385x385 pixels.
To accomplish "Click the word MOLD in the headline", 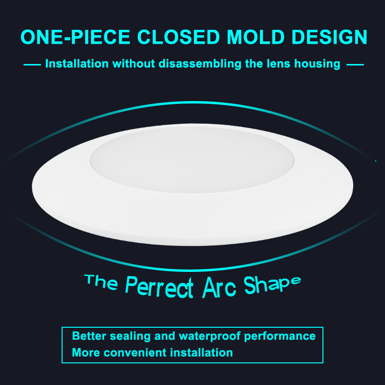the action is click(x=256, y=37).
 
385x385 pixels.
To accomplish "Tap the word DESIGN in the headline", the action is click(x=329, y=37).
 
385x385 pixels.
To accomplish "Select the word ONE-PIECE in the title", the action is click(x=76, y=37).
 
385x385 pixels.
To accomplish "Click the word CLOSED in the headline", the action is click(x=179, y=37).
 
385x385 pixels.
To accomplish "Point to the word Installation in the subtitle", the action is click(x=77, y=64).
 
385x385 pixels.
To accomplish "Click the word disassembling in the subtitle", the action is click(x=200, y=64).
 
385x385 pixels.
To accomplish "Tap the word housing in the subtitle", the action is click(x=317, y=64).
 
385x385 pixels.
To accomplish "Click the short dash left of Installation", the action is click(x=32, y=65).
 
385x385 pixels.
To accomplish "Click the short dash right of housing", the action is click(x=355, y=65).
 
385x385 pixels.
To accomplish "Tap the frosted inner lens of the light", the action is click(x=192, y=160).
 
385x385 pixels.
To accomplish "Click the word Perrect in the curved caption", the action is click(x=159, y=287).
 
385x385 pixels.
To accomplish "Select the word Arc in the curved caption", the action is click(x=219, y=287).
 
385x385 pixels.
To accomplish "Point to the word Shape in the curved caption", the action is click(x=272, y=285).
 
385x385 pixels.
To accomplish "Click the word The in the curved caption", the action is click(x=101, y=282).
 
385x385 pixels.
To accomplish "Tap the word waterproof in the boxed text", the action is click(x=209, y=336).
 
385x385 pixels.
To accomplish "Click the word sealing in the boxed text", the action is click(x=130, y=336).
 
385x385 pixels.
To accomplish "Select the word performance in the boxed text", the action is click(x=280, y=336).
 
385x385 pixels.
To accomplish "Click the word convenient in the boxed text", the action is click(x=135, y=353).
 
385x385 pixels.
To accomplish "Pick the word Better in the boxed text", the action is click(x=89, y=336).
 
